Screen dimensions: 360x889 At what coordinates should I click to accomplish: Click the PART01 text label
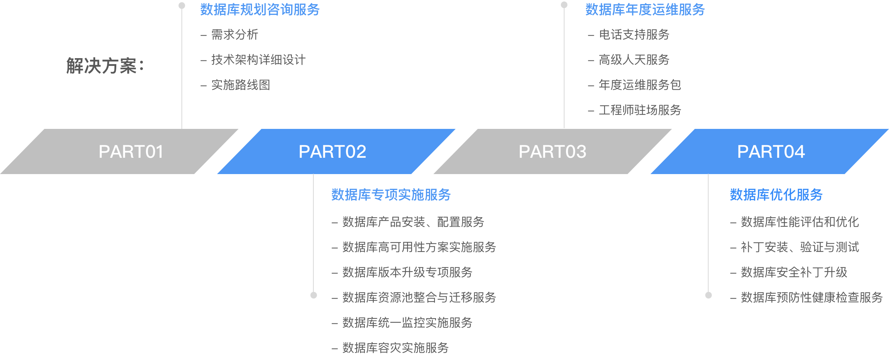pos(131,151)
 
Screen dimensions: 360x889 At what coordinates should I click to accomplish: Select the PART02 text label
pos(332,151)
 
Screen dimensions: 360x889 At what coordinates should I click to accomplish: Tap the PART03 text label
pos(552,151)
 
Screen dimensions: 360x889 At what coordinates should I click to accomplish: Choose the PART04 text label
pos(771,151)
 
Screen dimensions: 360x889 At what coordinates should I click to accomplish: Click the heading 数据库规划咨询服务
pos(260,10)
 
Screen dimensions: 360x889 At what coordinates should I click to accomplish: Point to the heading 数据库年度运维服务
pos(645,10)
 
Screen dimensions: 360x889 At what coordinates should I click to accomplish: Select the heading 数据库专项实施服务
pos(391,195)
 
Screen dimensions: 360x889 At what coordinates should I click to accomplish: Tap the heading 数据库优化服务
pos(776,195)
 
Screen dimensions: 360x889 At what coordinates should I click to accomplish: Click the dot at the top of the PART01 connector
pos(182,6)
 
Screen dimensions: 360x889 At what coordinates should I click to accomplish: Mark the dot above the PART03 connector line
pos(564,5)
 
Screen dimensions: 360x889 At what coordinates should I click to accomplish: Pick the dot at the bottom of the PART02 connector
pos(314,295)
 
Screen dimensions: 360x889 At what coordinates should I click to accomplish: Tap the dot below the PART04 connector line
pos(709,295)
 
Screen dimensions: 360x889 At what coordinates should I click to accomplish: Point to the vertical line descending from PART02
pos(313,233)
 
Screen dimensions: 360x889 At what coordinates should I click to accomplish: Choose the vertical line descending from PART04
pos(708,233)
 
